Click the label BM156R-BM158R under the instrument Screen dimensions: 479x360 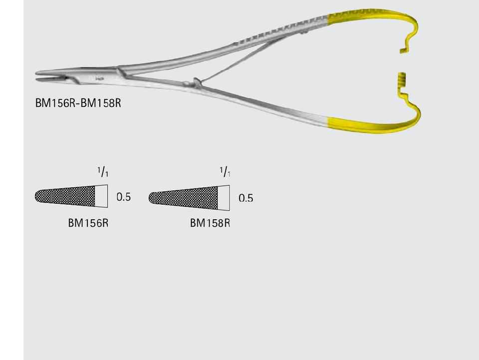pyautogui.click(x=78, y=103)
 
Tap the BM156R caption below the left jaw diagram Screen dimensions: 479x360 pyautogui.click(x=88, y=223)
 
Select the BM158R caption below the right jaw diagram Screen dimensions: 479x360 pyautogui.click(x=210, y=223)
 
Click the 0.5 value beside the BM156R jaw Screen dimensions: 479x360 pyautogui.click(x=124, y=197)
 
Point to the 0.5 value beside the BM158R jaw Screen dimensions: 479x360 pyautogui.click(x=245, y=198)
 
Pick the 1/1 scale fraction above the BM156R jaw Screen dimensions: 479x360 pyautogui.click(x=103, y=172)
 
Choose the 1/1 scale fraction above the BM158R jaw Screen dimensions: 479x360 pyautogui.click(x=225, y=172)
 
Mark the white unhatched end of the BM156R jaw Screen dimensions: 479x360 pyautogui.click(x=101, y=196)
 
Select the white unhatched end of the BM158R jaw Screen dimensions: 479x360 pyautogui.click(x=223, y=198)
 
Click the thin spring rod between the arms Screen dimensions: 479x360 pyautogui.click(x=235, y=62)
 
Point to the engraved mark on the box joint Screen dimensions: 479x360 pyautogui.click(x=100, y=78)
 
